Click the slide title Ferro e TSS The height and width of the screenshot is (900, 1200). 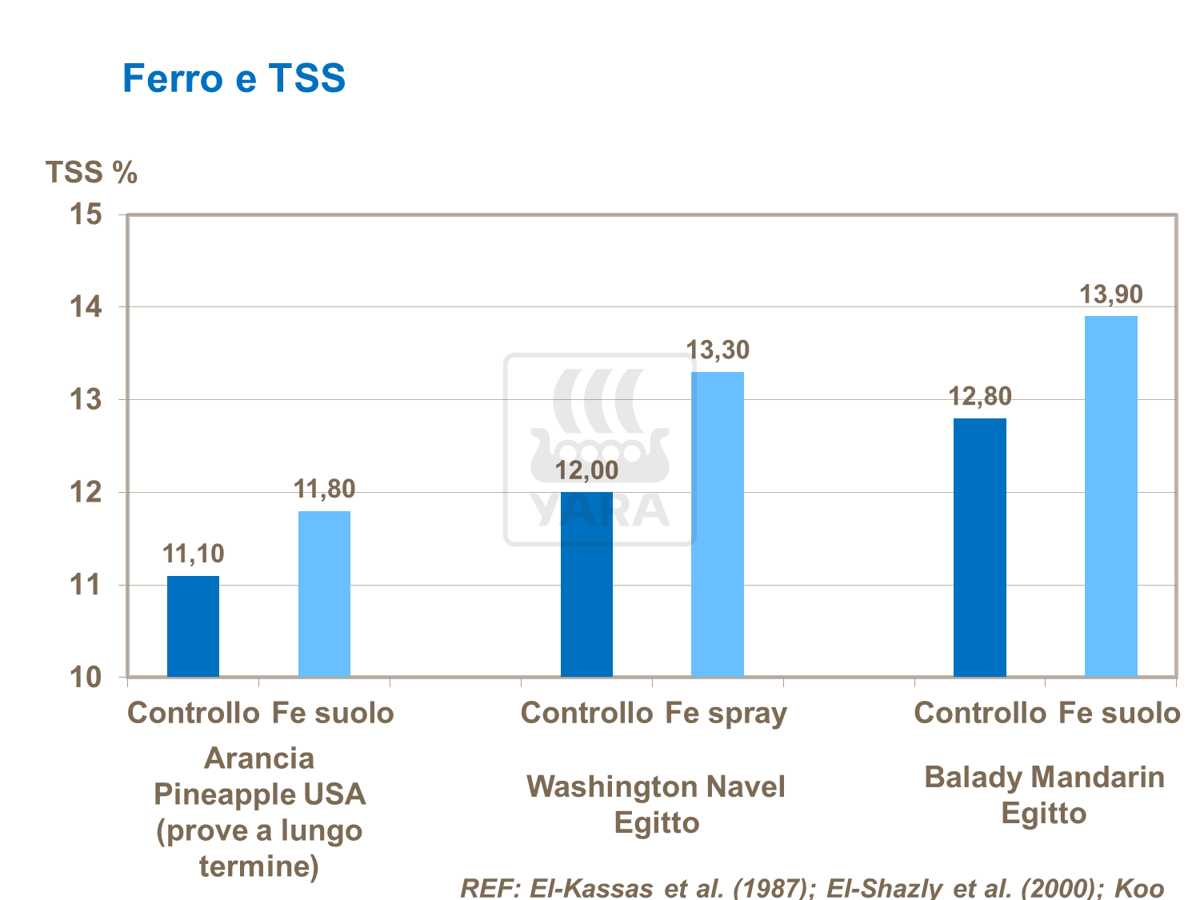(234, 78)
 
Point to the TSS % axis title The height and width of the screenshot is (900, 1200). (91, 172)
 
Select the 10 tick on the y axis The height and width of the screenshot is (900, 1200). (86, 677)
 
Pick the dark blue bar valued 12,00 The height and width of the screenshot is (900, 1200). (586, 585)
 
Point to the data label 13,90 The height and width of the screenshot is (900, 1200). (1111, 294)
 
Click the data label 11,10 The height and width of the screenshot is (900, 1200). (193, 554)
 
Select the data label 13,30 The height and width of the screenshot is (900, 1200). (718, 350)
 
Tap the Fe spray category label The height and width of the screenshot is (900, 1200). (726, 713)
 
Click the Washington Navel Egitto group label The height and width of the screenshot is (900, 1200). (656, 804)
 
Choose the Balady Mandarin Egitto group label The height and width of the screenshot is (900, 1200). (1044, 795)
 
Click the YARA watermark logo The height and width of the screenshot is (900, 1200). (600, 450)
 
